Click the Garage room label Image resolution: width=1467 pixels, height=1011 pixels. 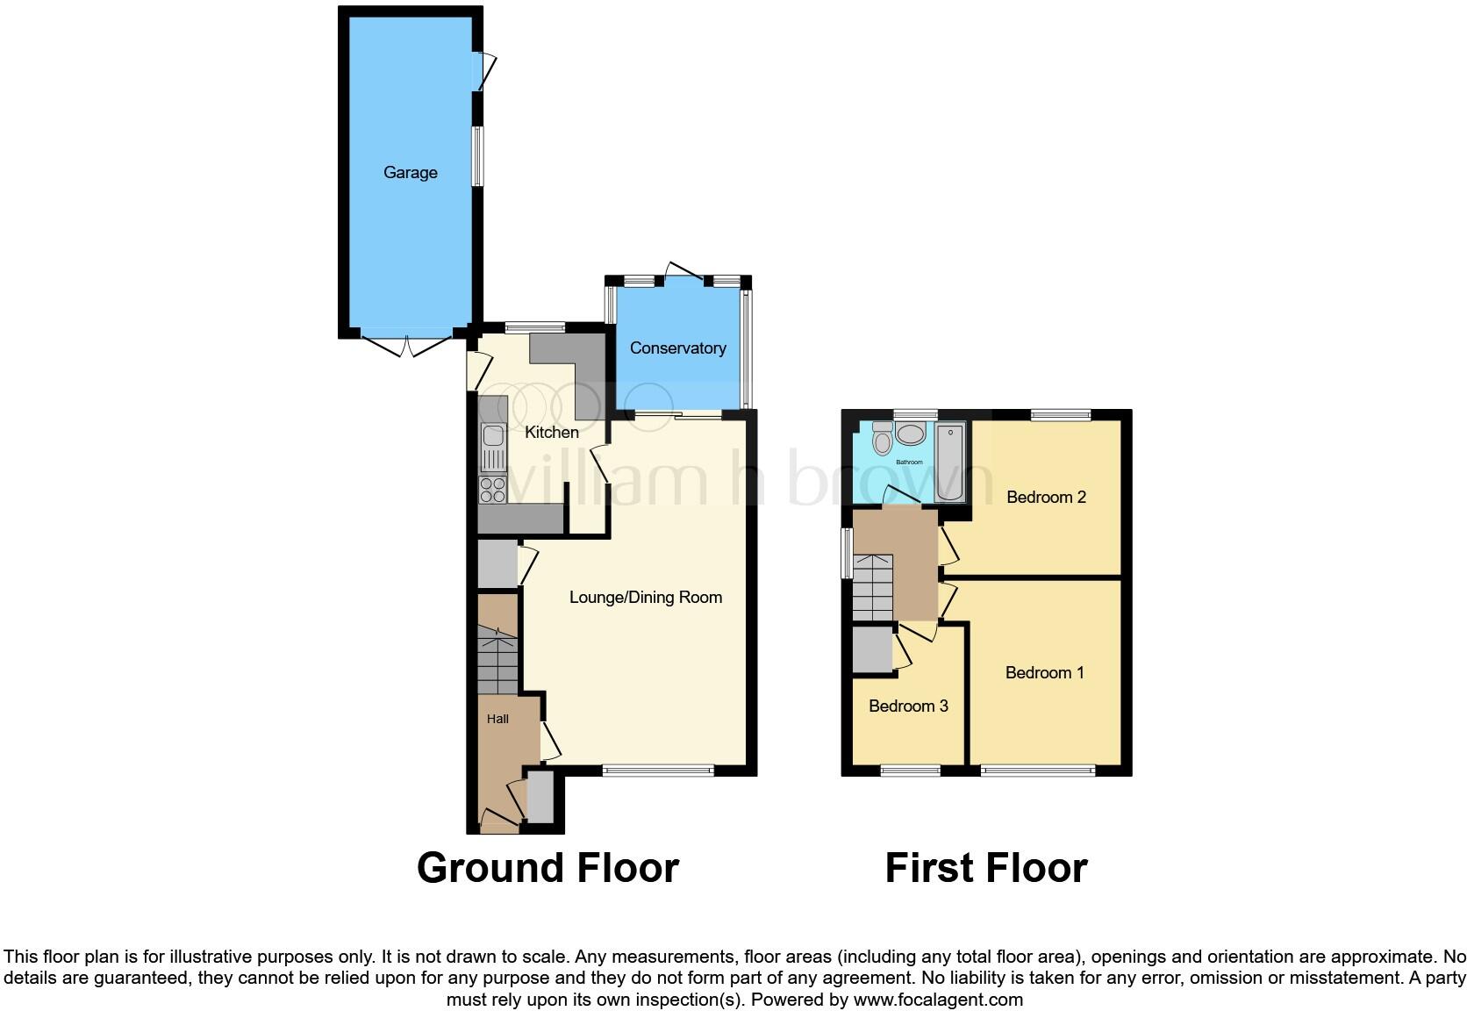coord(410,173)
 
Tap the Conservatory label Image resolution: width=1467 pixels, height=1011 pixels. coord(677,348)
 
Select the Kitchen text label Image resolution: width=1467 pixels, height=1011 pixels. coord(551,433)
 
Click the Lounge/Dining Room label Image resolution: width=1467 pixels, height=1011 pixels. coord(646,598)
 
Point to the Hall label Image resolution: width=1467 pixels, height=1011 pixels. coord(497,719)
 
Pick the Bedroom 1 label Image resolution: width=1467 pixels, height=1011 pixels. coord(1044,673)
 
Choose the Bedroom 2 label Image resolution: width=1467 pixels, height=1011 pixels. coord(1046,498)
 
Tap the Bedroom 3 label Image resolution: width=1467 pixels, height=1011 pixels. coord(908,706)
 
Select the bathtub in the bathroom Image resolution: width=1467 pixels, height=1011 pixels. coord(950,462)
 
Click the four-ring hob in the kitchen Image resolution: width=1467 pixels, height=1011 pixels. coord(493,490)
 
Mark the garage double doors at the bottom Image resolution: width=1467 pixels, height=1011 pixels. coord(406,347)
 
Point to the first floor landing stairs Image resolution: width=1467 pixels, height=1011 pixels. coord(872,587)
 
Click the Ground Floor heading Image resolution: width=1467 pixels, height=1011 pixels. coord(547,868)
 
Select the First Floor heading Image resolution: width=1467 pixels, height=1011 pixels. coord(986,868)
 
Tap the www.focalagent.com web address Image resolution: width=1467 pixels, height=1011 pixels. coord(938,1000)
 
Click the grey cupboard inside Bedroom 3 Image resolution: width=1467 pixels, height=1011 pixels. coord(871,649)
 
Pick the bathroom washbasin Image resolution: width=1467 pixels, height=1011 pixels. coord(912,434)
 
